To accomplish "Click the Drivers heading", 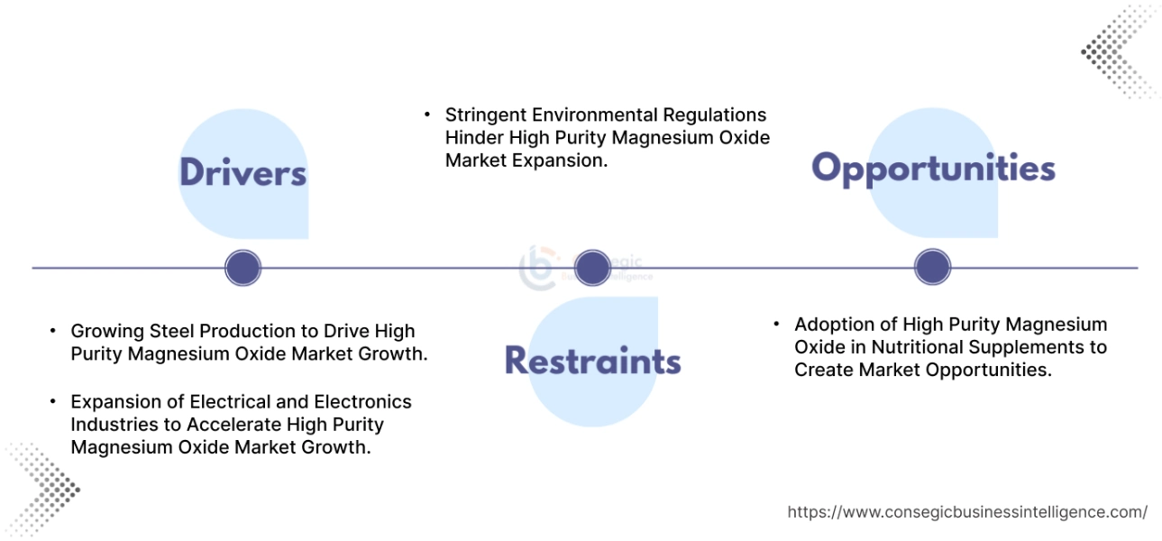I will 242,172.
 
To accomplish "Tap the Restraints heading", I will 592,361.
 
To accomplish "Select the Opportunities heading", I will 933,169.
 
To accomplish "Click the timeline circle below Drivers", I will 242,268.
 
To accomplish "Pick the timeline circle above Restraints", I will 592,268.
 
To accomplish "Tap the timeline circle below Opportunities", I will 933,268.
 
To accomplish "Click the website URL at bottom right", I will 967,512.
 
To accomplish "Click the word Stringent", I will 484,115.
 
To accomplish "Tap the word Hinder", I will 474,138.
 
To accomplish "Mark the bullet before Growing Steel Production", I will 53,331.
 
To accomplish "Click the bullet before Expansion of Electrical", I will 53,401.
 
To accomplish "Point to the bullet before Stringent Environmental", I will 427,115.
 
